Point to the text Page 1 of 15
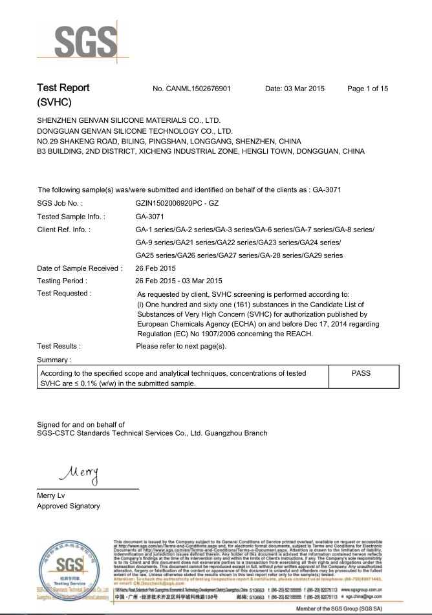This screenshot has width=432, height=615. (367, 89)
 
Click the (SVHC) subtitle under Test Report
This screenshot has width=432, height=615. (54, 103)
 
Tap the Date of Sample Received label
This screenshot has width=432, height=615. (80, 268)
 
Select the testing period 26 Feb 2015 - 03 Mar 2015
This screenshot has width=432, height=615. (178, 281)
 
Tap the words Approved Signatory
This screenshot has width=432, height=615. (69, 506)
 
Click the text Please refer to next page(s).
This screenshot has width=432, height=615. (181, 346)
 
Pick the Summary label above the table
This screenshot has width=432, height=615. (54, 359)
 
